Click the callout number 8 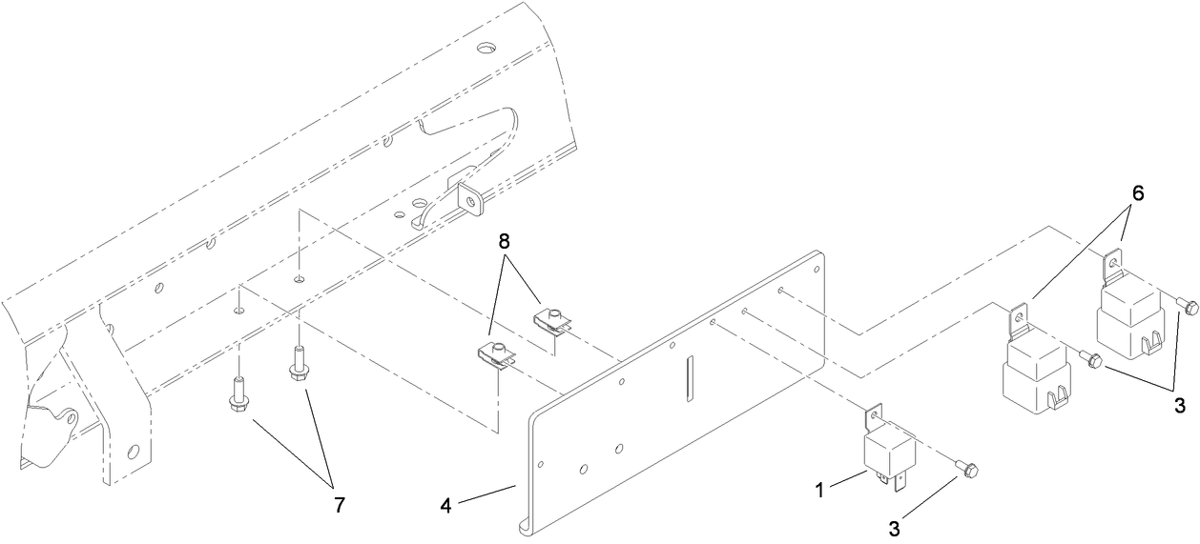click(x=504, y=242)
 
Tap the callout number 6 click(x=1138, y=193)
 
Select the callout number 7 click(x=340, y=505)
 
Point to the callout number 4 click(x=446, y=506)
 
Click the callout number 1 click(x=819, y=490)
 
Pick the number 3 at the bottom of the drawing click(x=895, y=529)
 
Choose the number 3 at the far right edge click(x=1180, y=406)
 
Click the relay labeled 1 click(x=888, y=447)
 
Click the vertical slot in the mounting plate click(x=690, y=378)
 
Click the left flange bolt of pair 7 click(x=238, y=394)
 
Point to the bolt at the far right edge click(x=1185, y=306)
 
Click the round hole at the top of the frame click(x=486, y=48)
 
